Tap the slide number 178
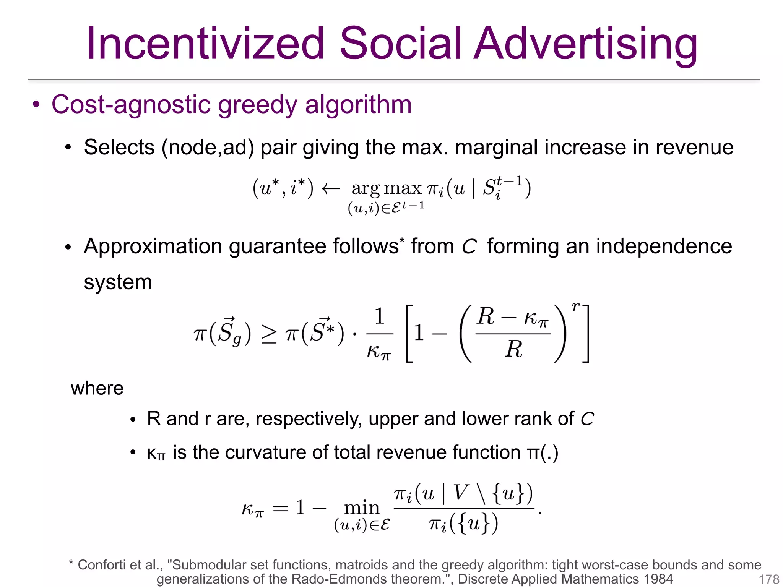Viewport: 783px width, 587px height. (x=768, y=579)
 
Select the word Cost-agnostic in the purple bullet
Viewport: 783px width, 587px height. (x=131, y=104)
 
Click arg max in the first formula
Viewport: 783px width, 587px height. (x=386, y=188)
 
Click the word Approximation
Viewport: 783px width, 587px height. (x=153, y=246)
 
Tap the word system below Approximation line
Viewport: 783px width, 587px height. (x=118, y=282)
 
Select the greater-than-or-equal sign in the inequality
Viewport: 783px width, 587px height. (x=268, y=334)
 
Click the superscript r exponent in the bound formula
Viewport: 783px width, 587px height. (x=575, y=306)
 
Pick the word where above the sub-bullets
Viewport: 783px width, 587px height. (x=97, y=389)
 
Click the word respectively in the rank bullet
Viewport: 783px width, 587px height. (x=309, y=419)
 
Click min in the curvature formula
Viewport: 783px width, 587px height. (x=361, y=508)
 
